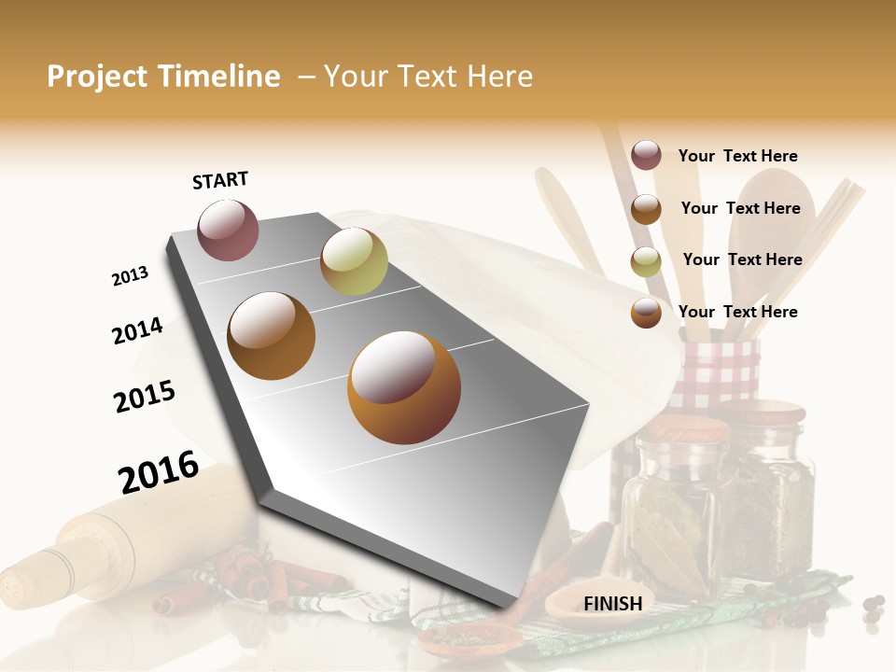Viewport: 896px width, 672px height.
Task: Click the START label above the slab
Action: pos(220,180)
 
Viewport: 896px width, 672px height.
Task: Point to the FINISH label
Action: pos(613,604)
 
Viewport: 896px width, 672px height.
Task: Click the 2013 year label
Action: pos(130,276)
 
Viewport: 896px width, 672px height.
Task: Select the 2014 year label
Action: pos(137,330)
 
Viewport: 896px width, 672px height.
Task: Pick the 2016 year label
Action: pos(159,472)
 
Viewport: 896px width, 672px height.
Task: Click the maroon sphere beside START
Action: pos(228,231)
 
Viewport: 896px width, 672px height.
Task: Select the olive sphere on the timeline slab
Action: pos(354,261)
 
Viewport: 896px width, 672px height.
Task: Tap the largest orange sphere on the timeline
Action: pos(404,387)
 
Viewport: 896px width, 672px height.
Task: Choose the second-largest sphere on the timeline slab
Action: pos(272,336)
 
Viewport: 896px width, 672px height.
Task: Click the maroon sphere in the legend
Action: pos(646,156)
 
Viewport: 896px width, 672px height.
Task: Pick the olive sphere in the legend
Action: pos(646,261)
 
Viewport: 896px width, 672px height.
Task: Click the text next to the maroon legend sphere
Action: pos(737,156)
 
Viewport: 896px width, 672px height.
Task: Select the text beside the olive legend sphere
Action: pos(742,259)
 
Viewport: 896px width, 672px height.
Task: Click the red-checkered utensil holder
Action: pos(714,373)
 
